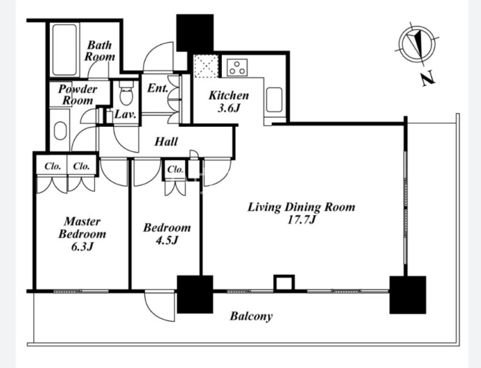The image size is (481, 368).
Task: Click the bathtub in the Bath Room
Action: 64,50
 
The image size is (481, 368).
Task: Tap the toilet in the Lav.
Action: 126,93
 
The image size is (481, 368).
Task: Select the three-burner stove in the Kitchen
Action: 237,67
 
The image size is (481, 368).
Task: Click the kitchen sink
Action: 274,100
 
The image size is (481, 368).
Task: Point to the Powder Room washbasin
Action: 60,131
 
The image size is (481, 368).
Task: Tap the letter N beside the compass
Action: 427,78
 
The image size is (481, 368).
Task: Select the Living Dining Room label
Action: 301,207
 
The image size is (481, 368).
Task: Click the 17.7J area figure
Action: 301,219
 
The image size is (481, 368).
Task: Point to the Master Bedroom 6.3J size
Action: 82,247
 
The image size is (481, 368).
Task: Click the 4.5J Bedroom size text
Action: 167,240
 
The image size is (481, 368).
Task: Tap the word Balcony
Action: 251,316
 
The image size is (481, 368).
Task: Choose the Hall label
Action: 166,141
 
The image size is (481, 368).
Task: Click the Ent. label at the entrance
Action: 158,88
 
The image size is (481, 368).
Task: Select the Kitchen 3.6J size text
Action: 228,108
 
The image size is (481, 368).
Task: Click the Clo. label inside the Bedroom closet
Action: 176,170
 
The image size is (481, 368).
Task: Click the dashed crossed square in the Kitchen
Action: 206,66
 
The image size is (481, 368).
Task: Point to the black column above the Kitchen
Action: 195,33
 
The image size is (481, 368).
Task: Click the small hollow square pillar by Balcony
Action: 284,283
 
